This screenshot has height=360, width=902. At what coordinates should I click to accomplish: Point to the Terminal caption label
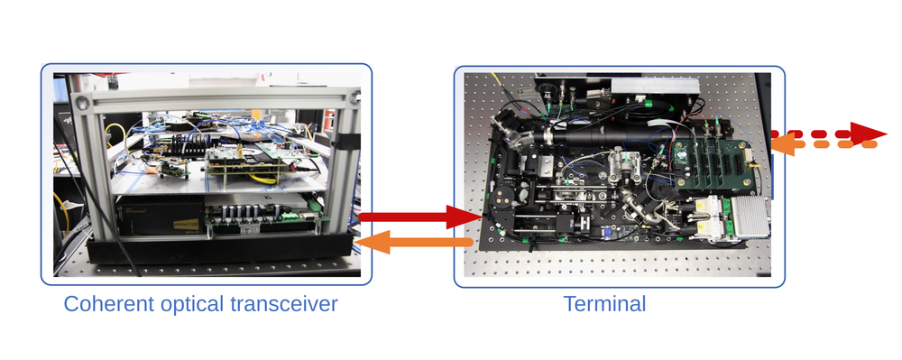[x=604, y=303]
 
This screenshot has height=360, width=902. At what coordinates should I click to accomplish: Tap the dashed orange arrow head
[x=780, y=143]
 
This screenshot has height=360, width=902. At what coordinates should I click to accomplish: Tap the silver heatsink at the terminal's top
[x=655, y=86]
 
